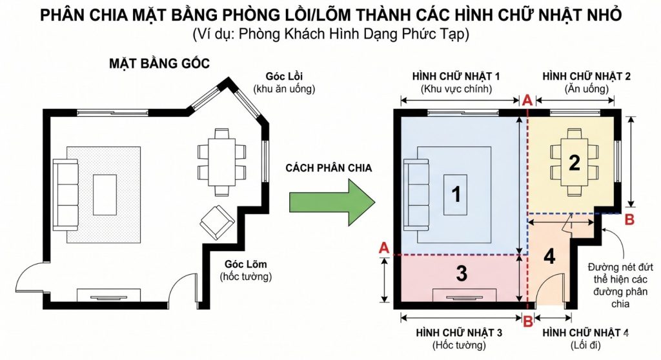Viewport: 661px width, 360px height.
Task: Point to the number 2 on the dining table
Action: click(x=574, y=163)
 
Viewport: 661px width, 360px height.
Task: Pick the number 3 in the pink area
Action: click(x=461, y=274)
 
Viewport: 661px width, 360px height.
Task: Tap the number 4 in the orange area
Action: click(x=549, y=256)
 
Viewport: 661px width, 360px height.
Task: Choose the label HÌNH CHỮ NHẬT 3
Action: click(x=459, y=332)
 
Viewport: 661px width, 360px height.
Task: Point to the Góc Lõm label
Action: click(x=245, y=265)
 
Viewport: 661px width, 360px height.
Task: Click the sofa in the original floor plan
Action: click(x=65, y=193)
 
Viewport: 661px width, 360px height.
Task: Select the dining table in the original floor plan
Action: click(x=221, y=162)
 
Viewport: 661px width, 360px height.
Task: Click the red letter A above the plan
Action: click(x=527, y=100)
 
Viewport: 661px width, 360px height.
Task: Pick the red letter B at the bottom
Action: click(x=527, y=319)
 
